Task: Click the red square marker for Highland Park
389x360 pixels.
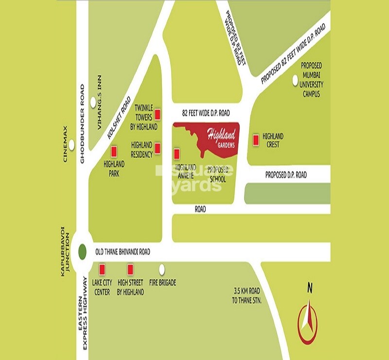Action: point(114,152)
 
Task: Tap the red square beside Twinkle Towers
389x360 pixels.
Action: point(158,115)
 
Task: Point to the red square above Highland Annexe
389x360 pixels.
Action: point(177,154)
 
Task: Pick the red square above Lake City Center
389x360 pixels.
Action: point(102,270)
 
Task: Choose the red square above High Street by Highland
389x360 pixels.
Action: point(130,270)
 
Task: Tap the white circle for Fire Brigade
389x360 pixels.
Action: point(162,269)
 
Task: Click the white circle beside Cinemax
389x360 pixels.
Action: point(72,144)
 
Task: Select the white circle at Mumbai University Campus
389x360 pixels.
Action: point(294,81)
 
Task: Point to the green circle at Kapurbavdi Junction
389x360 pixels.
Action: point(83,252)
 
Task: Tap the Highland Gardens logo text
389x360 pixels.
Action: point(221,136)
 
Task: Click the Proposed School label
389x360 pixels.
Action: point(217,175)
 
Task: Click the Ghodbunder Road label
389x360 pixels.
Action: point(83,124)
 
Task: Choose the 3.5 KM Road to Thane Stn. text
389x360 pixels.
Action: point(248,296)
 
